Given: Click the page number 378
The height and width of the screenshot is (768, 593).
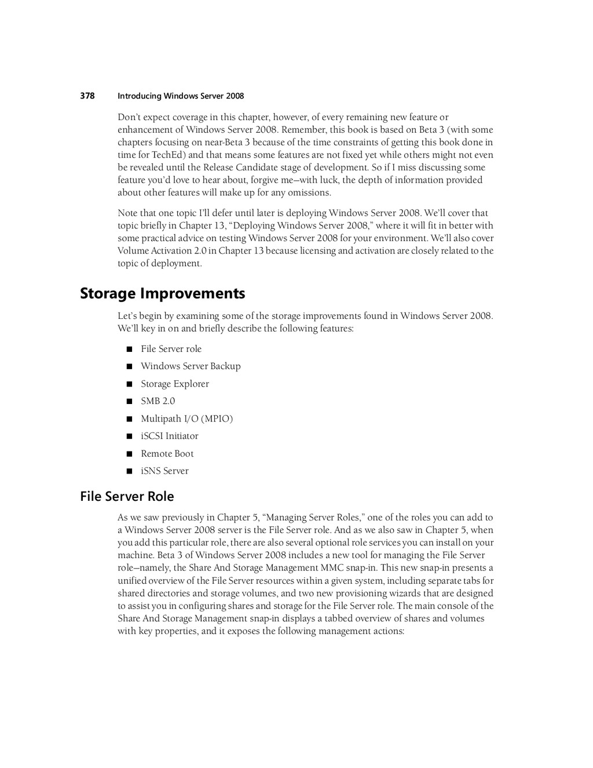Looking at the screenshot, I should pos(87,96).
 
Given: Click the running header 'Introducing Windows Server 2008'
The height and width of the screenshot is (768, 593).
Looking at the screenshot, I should pos(181,96).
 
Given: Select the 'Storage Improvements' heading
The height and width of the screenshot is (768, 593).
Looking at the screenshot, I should pos(162,294).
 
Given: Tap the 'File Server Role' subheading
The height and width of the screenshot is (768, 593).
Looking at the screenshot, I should pos(127,497).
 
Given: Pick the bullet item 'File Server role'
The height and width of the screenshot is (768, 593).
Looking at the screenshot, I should pos(171,349).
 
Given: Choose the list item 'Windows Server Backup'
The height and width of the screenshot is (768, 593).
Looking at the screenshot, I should pos(191,366).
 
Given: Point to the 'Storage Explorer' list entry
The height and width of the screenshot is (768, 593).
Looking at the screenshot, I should pos(174,384).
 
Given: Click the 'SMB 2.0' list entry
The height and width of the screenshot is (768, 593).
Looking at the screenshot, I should pos(158,401).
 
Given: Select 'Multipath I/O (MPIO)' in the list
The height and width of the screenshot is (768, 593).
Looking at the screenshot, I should pos(186,418).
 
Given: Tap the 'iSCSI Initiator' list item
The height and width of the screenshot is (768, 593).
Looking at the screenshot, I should pos(169,436).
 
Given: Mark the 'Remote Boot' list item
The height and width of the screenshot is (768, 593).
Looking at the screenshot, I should pos(167,454).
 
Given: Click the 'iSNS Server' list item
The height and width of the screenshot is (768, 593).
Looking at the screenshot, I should pos(164,471).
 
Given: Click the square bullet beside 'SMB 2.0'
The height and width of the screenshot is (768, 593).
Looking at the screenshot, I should pos(129,401).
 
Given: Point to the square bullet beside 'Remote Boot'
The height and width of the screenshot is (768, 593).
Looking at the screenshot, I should pos(129,454).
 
